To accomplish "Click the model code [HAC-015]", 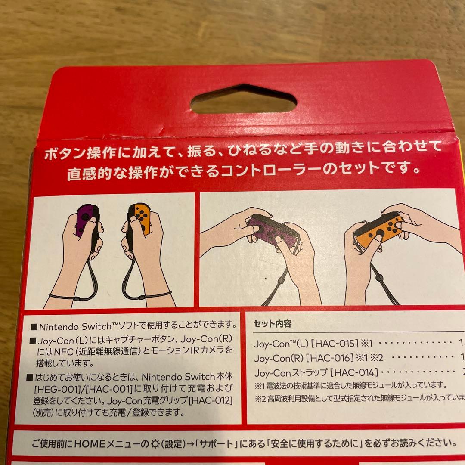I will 335,344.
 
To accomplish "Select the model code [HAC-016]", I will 331,358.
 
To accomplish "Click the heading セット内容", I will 273,324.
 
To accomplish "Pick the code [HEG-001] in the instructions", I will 53,389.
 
